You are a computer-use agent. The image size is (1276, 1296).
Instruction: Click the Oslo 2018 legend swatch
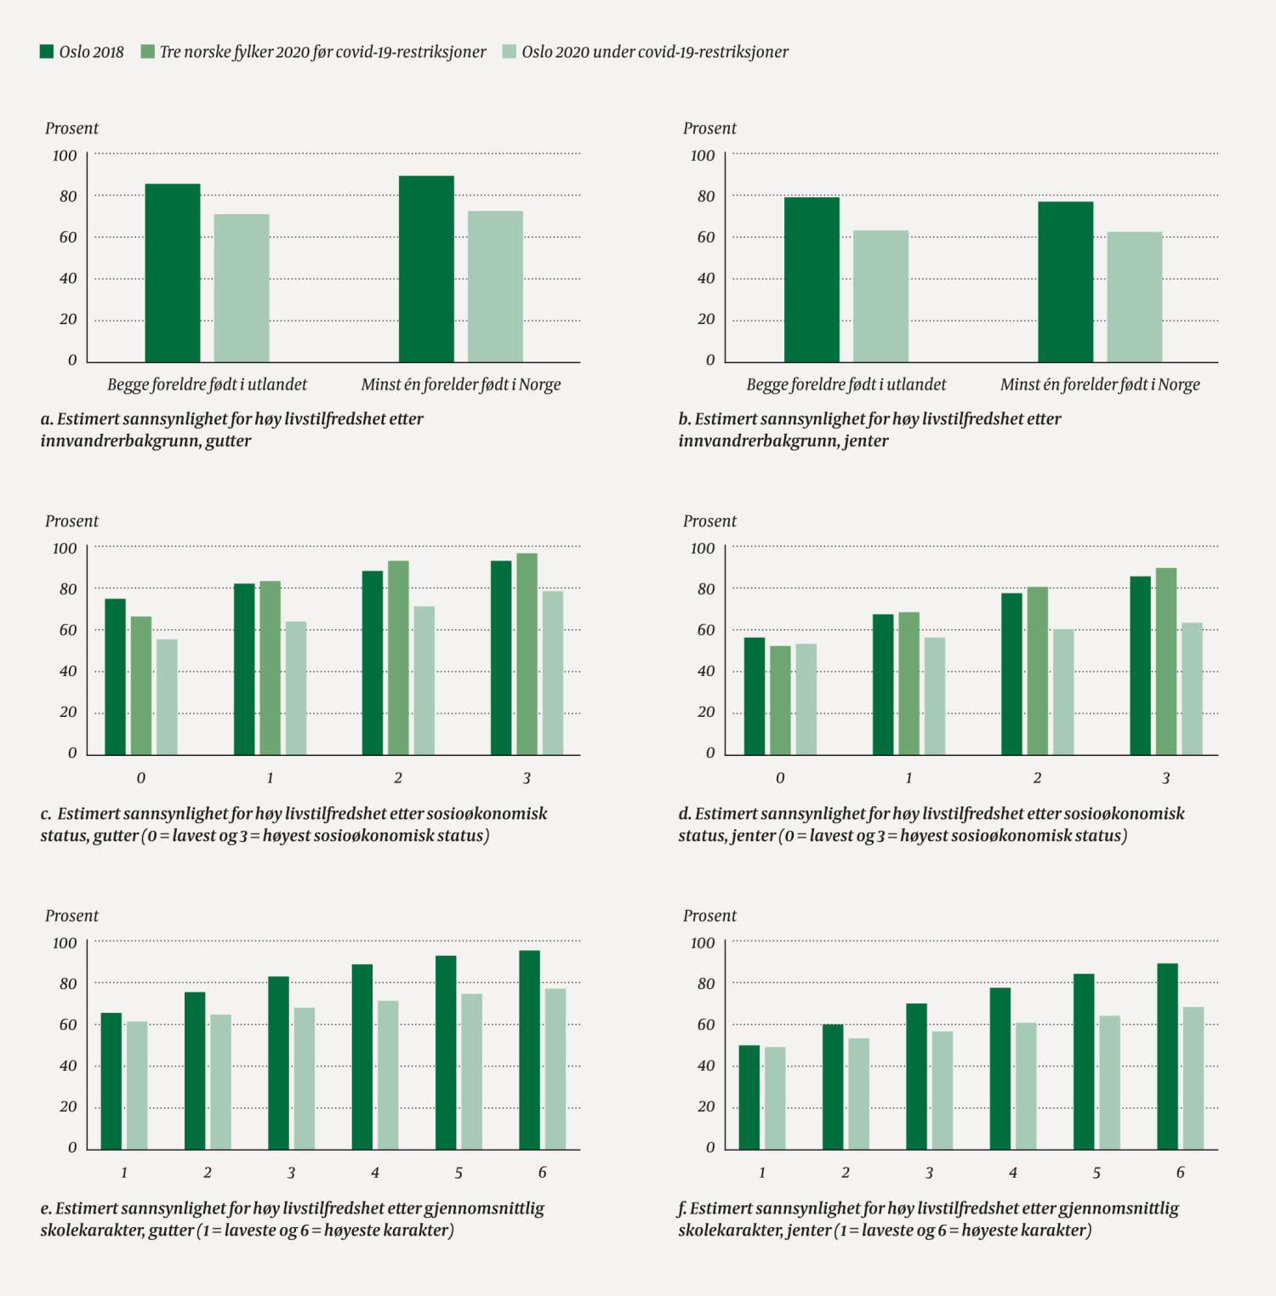coord(47,52)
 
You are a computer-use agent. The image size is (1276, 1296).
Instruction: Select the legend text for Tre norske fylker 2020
coord(322,52)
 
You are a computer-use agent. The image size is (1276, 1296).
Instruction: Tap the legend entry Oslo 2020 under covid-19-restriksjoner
coord(655,52)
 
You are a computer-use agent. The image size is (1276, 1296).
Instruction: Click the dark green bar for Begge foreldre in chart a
coord(173,273)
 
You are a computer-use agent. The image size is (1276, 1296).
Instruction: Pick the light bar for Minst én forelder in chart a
coord(495,287)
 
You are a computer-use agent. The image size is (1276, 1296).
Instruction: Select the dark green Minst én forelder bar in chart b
coord(1065,281)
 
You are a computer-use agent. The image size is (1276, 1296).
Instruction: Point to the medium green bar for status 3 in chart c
coord(527,654)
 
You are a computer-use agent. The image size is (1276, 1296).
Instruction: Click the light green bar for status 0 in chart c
coord(167,696)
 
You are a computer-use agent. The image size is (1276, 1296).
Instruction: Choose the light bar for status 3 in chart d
coord(1192,689)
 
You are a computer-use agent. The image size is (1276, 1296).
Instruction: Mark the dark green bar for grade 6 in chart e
coord(529,1050)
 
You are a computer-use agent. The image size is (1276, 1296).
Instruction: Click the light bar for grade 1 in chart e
coord(137,1085)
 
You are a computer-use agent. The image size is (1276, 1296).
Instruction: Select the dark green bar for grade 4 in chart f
coord(1000,1068)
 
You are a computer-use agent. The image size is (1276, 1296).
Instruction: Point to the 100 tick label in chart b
coord(703,156)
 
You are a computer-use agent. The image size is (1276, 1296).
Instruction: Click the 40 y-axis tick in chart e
coord(68,1066)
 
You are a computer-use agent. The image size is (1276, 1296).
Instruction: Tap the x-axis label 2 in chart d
coord(1037,778)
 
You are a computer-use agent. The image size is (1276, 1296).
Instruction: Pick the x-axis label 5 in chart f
coord(1097,1173)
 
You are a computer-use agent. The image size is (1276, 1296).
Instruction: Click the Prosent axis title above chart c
coord(71,521)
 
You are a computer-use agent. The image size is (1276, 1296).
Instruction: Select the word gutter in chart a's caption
coord(228,441)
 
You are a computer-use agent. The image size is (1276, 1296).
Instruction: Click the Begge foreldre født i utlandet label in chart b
coord(846,384)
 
